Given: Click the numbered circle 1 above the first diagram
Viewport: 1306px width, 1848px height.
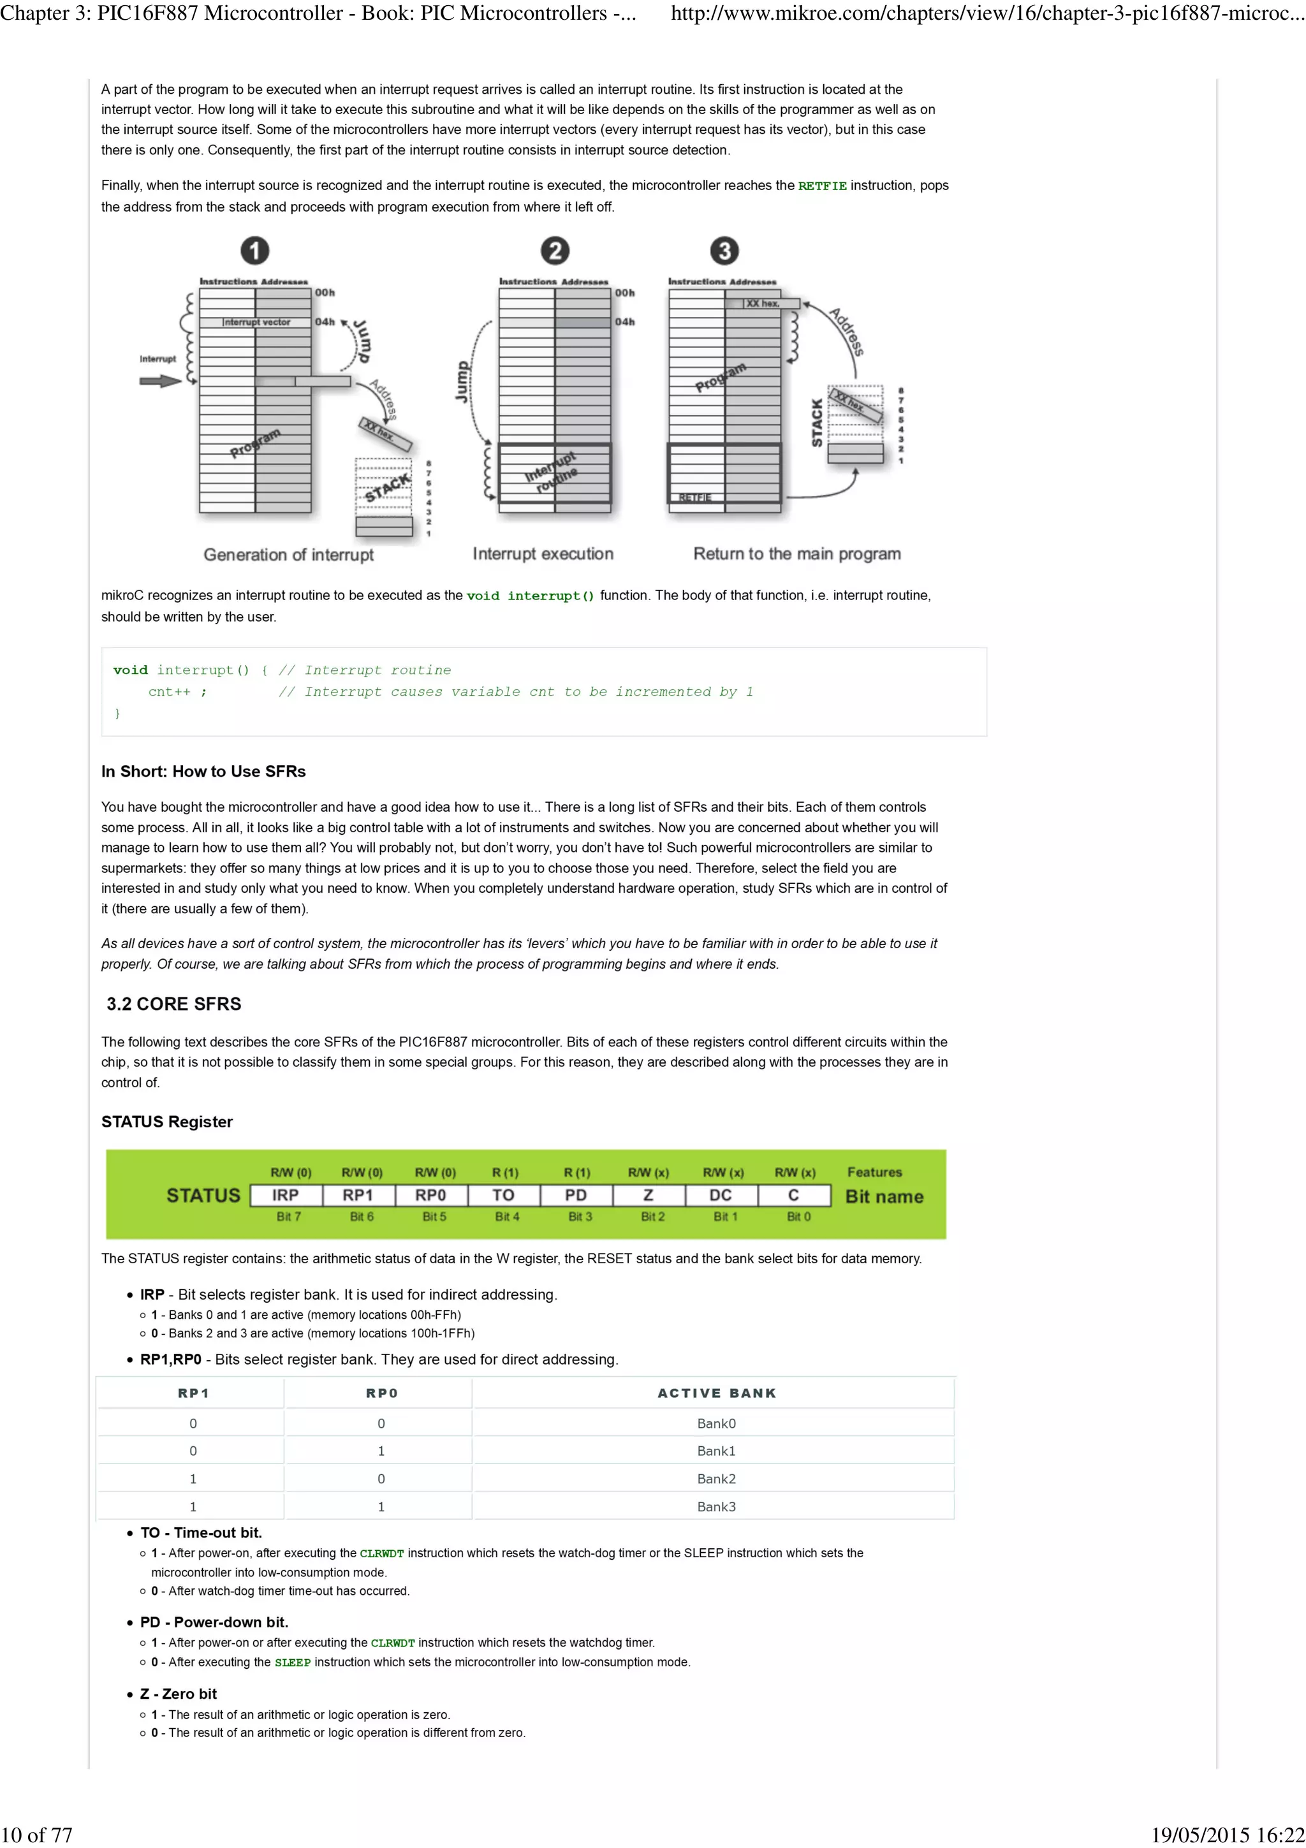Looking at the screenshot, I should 255,251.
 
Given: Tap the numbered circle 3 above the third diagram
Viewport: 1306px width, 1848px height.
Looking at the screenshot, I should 723,251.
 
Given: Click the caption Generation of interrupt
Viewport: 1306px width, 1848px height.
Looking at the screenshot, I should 288,555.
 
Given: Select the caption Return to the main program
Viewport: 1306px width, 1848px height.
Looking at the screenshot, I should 796,554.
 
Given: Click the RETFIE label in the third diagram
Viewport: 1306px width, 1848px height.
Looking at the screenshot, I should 694,497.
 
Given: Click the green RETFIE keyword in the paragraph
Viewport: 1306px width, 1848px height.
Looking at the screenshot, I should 821,186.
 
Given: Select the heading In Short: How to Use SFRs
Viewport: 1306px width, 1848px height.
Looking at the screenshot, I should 203,771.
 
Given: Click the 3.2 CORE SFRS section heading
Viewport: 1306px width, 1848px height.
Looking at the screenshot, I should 174,1004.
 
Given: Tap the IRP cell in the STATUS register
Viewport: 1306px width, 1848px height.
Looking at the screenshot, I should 286,1195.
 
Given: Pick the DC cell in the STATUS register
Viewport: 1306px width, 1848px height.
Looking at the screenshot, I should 720,1195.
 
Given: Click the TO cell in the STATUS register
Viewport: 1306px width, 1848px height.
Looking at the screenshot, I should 504,1195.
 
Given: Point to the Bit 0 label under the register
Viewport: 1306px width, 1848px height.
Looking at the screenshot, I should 798,1216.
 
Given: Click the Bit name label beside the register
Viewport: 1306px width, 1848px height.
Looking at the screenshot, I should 884,1196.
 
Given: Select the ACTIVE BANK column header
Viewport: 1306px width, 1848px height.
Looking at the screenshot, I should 716,1393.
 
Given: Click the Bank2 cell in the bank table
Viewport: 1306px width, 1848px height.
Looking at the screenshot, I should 716,1479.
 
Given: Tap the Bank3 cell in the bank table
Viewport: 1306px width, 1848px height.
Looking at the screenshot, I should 716,1506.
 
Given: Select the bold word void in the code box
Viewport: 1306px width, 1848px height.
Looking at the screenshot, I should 130,670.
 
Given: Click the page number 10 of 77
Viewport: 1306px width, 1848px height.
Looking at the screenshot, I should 37,1835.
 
